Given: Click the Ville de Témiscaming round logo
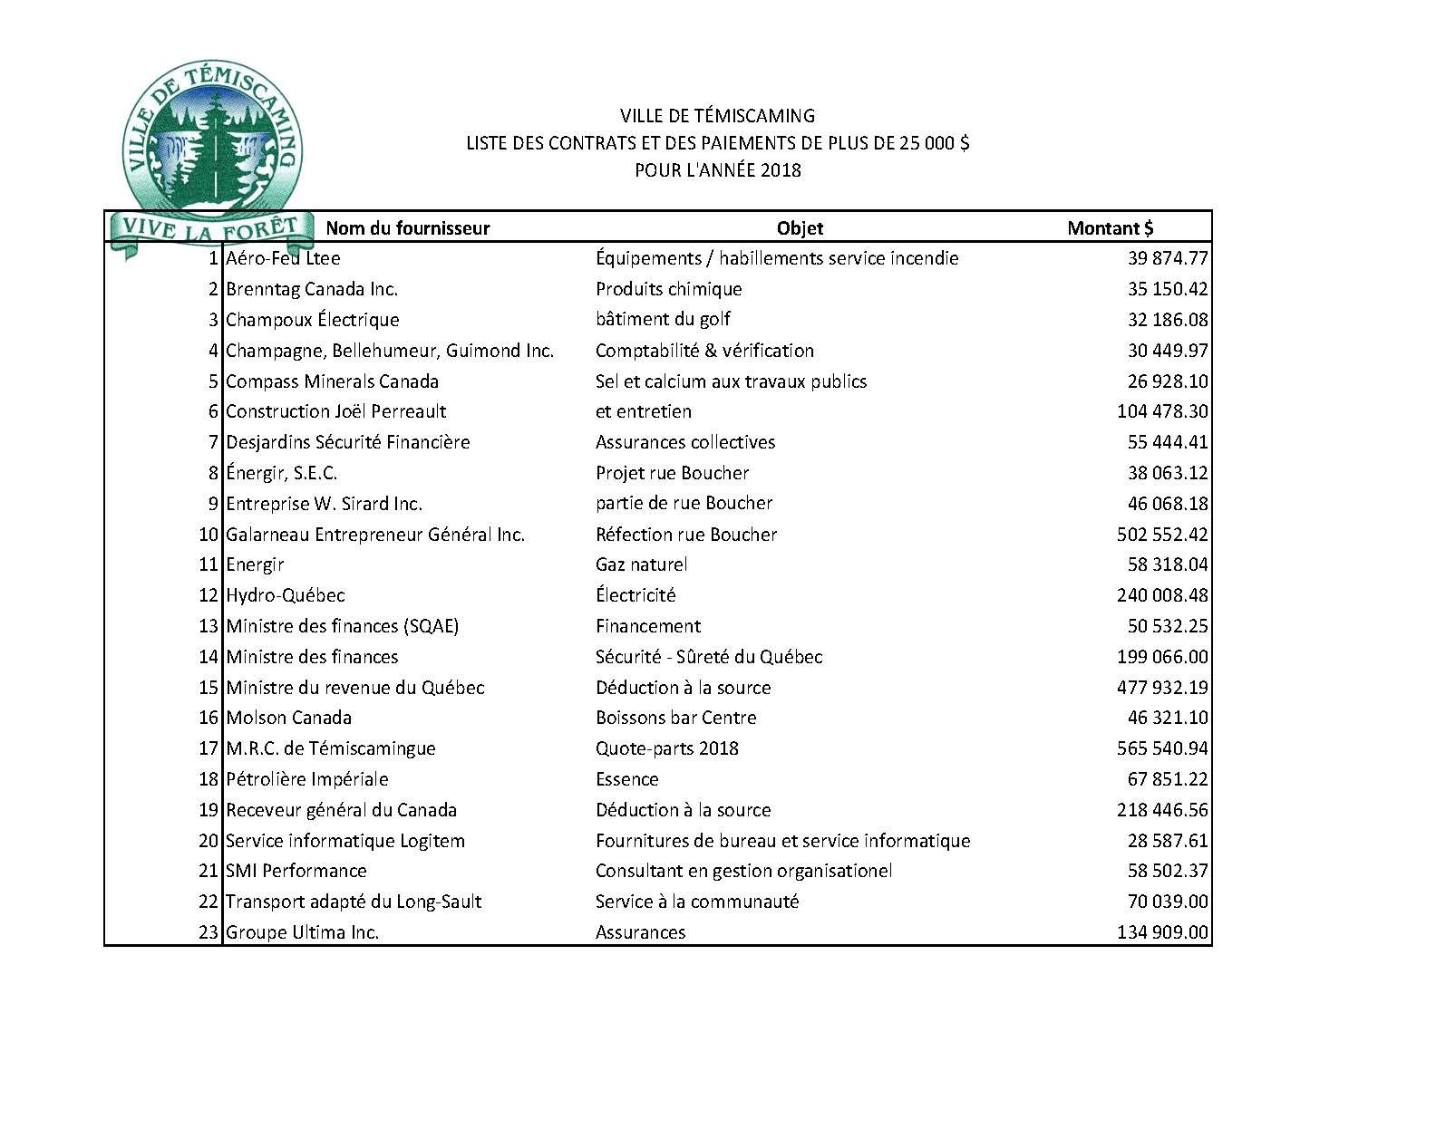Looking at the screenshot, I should pos(214,136).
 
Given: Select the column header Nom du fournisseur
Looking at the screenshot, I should pos(407,228).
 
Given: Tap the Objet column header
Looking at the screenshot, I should pos(800,228).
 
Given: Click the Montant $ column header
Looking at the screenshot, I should pos(1110,228).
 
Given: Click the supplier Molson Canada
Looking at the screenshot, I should pos(288,718).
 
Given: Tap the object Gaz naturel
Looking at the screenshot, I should pos(641,564).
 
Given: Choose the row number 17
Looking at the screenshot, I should pos(209,748).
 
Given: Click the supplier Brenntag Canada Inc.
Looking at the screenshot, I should pos(312,289).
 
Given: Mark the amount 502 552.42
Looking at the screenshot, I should pos(1162,535).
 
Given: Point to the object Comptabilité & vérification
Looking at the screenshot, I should pos(704,351).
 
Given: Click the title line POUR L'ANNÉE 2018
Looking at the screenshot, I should pos(717,170).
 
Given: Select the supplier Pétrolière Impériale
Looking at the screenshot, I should pos(306,779).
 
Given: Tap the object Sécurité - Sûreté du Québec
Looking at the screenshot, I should pos(708,657).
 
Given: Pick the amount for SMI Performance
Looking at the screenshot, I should pos(1167,871).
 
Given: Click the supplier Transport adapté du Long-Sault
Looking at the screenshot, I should pos(354,902).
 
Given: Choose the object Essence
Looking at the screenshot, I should pos(626,779).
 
